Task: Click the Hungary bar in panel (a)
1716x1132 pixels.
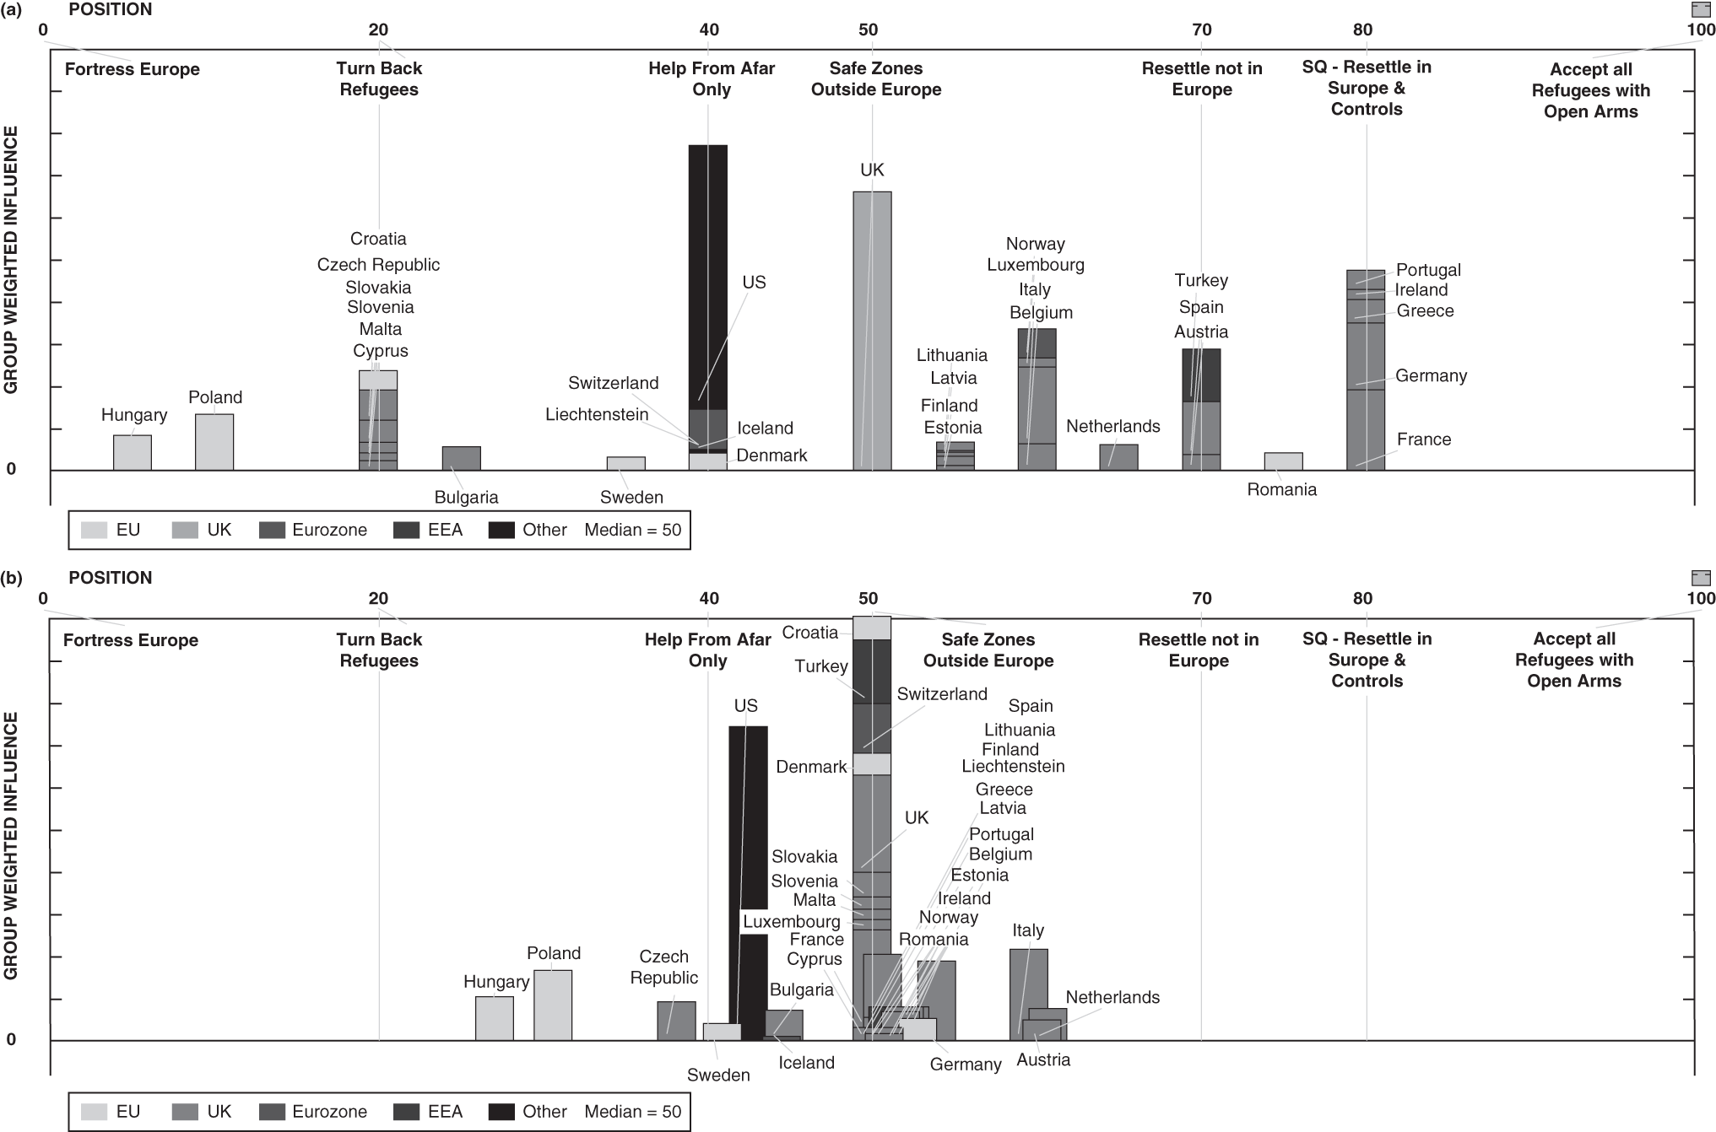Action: [133, 453]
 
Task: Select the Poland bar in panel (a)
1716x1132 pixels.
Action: [214, 442]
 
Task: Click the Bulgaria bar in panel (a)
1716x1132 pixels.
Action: [462, 459]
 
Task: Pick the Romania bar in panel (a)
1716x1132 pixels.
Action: [1283, 461]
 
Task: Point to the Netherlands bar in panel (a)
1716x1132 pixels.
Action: [1118, 457]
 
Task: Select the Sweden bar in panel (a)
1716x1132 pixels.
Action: [626, 464]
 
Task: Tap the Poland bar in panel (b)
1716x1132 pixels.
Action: [553, 1005]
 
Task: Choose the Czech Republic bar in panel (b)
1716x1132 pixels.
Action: [676, 1021]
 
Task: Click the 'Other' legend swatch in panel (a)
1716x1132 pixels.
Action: [502, 530]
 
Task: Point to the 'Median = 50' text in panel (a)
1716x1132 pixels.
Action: [632, 530]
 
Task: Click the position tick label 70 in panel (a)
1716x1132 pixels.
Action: [1202, 30]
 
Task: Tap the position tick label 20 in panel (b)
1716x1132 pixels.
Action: [378, 599]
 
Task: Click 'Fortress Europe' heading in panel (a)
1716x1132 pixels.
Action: [133, 69]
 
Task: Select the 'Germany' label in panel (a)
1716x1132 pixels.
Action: [1431, 376]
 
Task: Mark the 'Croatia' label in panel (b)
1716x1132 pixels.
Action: [810, 633]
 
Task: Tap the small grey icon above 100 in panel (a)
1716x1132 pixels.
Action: [1701, 9]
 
